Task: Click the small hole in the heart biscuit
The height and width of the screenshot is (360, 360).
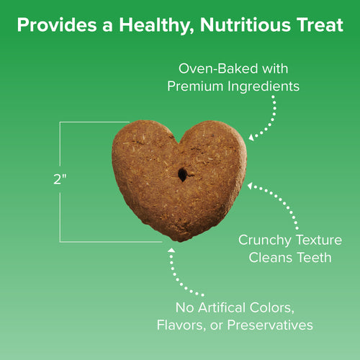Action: pyautogui.click(x=182, y=174)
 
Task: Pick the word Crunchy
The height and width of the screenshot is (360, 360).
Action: pyautogui.click(x=264, y=240)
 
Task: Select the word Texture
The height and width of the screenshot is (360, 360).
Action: pyautogui.click(x=317, y=240)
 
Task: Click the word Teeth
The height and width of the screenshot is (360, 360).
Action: pyautogui.click(x=318, y=257)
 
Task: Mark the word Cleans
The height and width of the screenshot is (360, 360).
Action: pyautogui.click(x=275, y=257)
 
